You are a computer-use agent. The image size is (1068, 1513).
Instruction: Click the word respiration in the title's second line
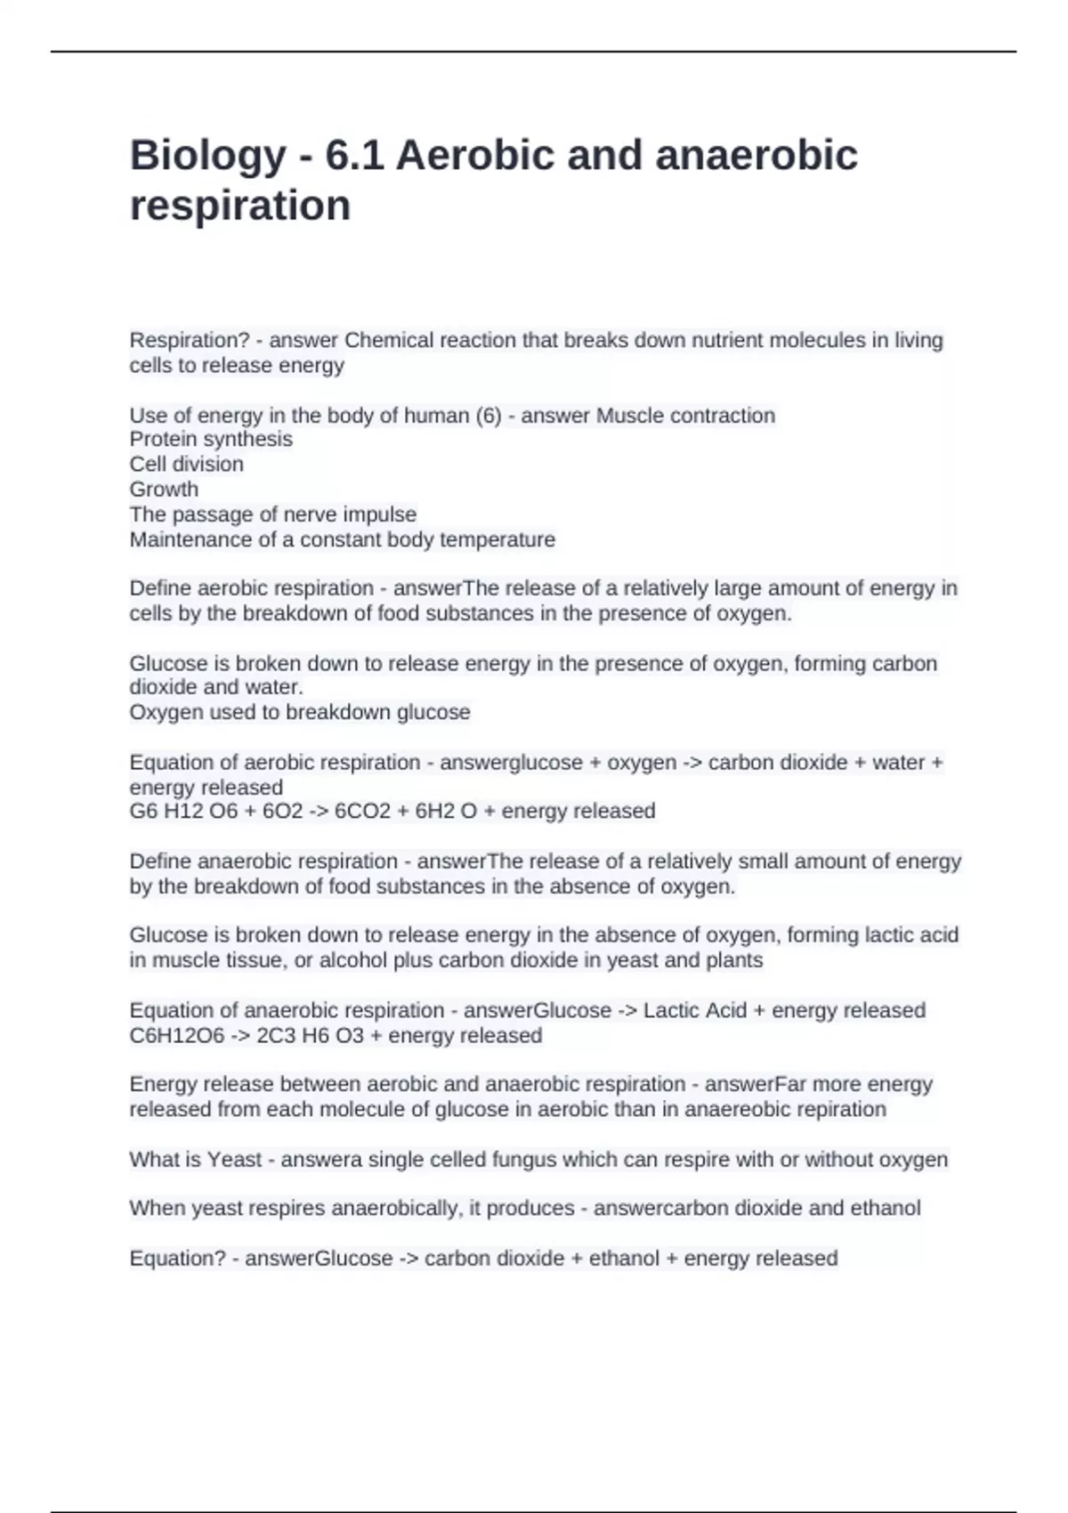[240, 206]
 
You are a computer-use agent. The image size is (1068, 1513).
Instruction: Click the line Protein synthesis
[211, 440]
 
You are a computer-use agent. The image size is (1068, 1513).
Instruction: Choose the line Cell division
[186, 465]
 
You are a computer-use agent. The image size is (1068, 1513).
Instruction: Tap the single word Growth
[164, 489]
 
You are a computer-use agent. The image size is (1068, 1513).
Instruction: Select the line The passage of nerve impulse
[272, 514]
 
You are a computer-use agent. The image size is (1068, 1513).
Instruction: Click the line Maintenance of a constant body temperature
[342, 539]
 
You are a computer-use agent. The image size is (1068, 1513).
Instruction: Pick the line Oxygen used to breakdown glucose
[299, 712]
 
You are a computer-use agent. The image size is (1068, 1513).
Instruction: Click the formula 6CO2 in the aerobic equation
[362, 812]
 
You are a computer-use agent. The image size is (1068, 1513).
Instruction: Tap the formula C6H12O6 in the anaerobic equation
[177, 1036]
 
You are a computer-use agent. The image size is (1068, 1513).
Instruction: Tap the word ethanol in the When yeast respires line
[886, 1209]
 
